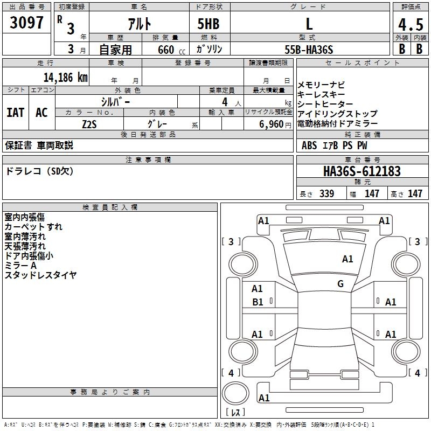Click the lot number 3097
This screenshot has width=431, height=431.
pyautogui.click(x=26, y=23)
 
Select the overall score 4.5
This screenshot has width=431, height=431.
pyautogui.click(x=411, y=24)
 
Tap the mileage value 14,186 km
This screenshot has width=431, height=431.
pyautogui.click(x=66, y=77)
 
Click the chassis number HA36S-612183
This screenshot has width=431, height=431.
pyautogui.click(x=362, y=171)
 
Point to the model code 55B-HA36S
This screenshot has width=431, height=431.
pyautogui.click(x=309, y=50)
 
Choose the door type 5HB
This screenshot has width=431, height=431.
pyautogui.click(x=208, y=24)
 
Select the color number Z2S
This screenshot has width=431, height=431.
pyautogui.click(x=89, y=124)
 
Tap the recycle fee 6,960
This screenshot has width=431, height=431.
pyautogui.click(x=272, y=124)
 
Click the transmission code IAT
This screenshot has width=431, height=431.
pyautogui.click(x=16, y=113)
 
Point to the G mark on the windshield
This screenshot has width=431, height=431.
pyautogui.click(x=340, y=283)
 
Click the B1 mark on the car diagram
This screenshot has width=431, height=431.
pyautogui.click(x=258, y=302)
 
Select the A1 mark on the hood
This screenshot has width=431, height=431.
pyautogui.click(x=347, y=259)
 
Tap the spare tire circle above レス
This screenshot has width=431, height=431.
pyautogui.click(x=235, y=393)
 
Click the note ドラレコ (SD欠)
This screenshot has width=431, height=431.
pyautogui.click(x=39, y=171)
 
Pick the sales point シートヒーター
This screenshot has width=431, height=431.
pyautogui.click(x=325, y=104)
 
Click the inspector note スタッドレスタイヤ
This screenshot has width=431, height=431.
pyautogui.click(x=40, y=275)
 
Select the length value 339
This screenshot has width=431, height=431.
pyautogui.click(x=327, y=193)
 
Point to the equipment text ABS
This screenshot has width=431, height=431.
pyautogui.click(x=309, y=145)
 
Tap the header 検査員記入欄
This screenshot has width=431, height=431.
pyautogui.click(x=110, y=207)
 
